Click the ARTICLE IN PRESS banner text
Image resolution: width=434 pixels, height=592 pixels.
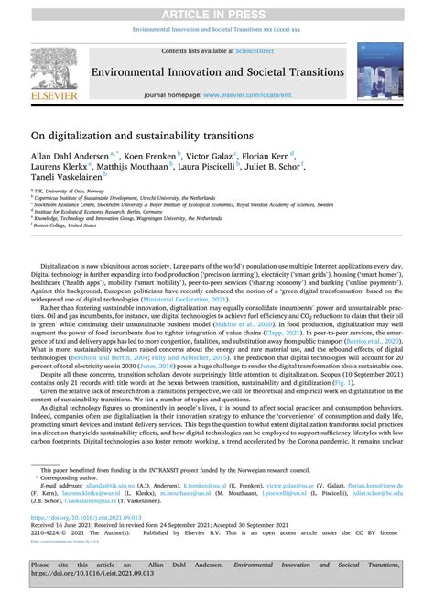[x=216, y=13]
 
